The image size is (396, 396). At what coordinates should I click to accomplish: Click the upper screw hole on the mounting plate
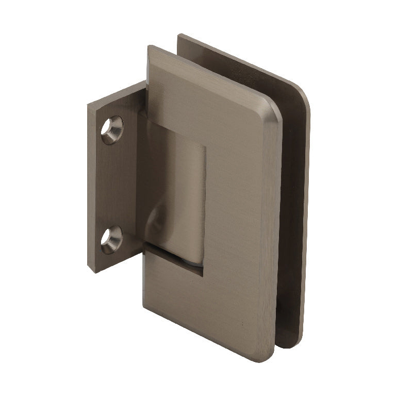[112, 129]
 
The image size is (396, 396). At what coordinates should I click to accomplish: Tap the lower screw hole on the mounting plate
[111, 240]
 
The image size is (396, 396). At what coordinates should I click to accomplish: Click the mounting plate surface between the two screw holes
[111, 186]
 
